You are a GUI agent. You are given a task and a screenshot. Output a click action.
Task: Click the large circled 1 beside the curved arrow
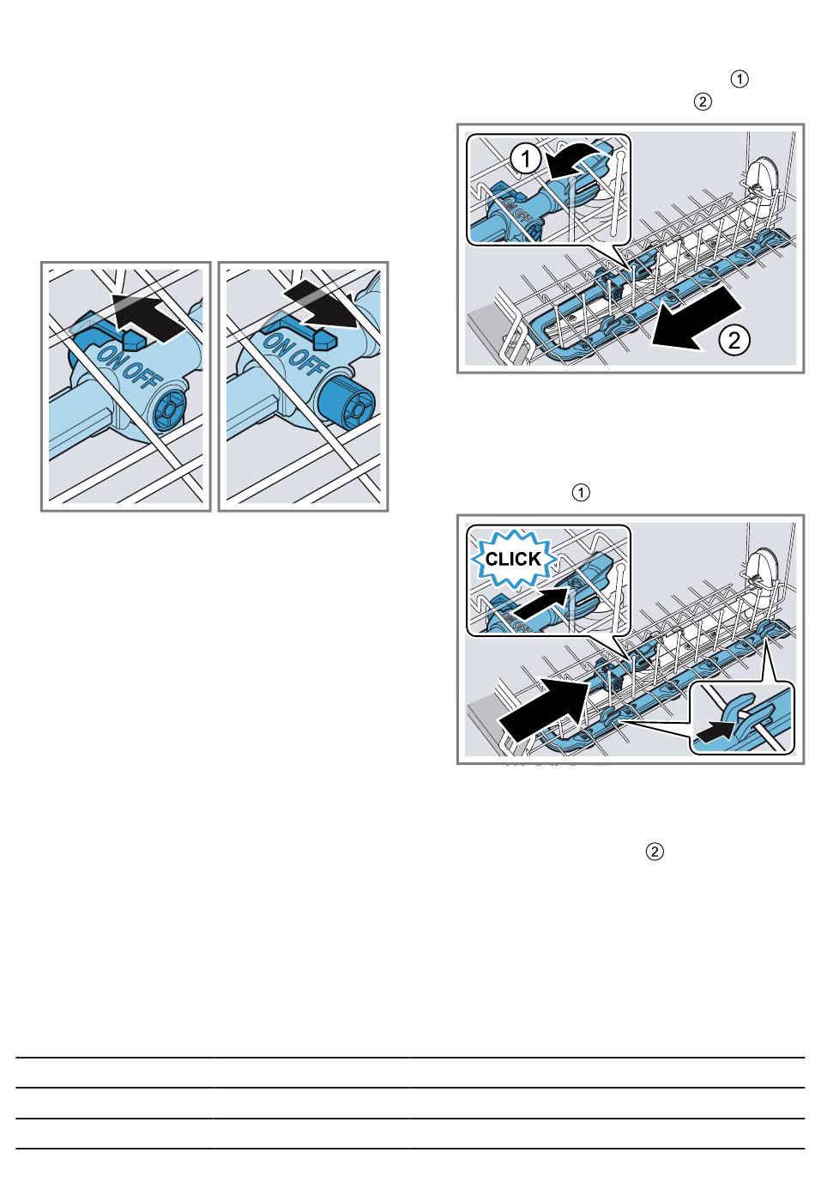click(x=526, y=159)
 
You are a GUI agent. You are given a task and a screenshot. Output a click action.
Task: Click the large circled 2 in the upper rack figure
click(x=734, y=340)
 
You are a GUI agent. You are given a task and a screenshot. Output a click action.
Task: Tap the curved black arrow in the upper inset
click(x=580, y=160)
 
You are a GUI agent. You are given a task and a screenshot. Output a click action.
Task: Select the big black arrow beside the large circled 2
click(x=695, y=318)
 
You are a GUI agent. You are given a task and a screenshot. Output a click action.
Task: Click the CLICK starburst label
click(x=513, y=559)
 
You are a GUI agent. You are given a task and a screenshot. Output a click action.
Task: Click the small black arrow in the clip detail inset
click(x=714, y=734)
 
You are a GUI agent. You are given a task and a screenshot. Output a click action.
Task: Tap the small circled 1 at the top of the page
click(x=740, y=79)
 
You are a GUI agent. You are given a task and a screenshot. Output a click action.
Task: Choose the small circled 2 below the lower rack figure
click(x=655, y=852)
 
